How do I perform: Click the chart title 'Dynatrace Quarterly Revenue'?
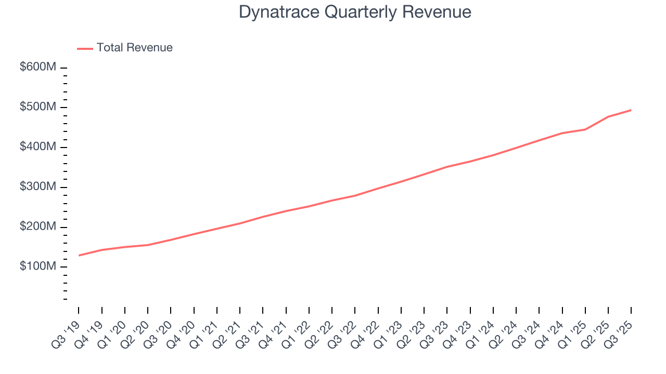pyautogui.click(x=355, y=12)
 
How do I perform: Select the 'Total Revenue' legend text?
pyautogui.click(x=134, y=48)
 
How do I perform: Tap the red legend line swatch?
pyautogui.click(x=85, y=48)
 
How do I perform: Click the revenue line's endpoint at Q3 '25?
pyautogui.click(x=631, y=110)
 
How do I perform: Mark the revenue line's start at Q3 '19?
pyautogui.click(x=79, y=256)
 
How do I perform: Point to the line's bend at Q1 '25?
pyautogui.click(x=585, y=129)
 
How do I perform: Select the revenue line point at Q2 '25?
pyautogui.click(x=608, y=117)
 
